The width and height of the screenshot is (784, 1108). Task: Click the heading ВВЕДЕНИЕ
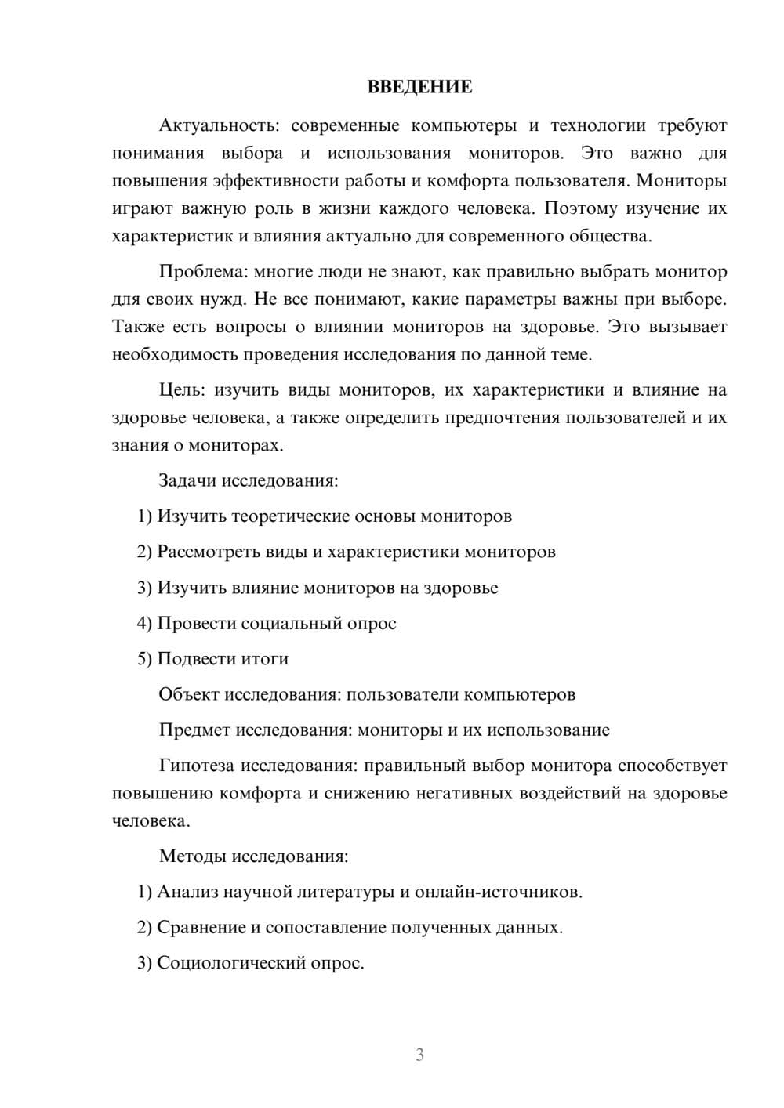tap(419, 87)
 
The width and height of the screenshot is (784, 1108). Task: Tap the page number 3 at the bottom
tap(419, 1055)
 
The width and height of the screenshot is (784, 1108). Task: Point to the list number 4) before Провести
tap(144, 623)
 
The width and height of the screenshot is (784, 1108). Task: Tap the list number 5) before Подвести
tap(144, 659)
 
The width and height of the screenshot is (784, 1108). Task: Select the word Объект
tap(189, 694)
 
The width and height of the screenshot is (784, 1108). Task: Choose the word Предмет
tap(194, 730)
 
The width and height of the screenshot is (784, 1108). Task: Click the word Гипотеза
tap(197, 766)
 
